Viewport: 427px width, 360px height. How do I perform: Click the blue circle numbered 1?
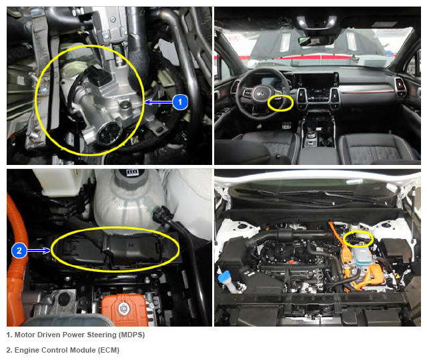tap(180, 102)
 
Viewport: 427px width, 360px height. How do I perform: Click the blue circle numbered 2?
tap(19, 250)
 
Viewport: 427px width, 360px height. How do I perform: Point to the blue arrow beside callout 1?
tap(159, 102)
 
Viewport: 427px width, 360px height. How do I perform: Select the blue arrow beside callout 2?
tap(39, 250)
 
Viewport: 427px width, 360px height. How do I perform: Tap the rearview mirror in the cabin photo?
tap(316, 41)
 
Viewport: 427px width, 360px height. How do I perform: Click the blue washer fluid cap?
tap(225, 278)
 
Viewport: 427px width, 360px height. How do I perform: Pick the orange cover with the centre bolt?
tap(124, 309)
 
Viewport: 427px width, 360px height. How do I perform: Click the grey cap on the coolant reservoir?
tap(131, 179)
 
